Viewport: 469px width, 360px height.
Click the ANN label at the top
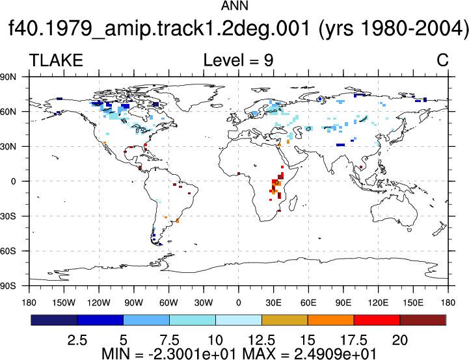pos(234,6)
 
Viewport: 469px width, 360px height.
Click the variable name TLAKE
pos(56,60)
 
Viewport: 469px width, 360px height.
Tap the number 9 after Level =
pos(268,60)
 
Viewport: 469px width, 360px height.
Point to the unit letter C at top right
pos(442,60)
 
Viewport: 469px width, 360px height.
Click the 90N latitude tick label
pos(8,77)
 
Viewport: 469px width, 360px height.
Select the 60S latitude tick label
pos(8,251)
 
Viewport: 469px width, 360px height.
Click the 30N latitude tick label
pos(8,146)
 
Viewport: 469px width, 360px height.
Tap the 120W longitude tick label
pos(99,303)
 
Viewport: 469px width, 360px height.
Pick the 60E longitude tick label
pos(308,303)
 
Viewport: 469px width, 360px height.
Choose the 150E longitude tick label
pos(413,303)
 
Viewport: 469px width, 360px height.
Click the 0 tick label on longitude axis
pos(238,303)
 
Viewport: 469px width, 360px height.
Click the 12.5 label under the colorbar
pos(261,341)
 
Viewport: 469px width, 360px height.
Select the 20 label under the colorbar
pos(400,341)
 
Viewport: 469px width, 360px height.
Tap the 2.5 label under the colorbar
pos(77,341)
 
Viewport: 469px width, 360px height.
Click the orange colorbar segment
pos(331,320)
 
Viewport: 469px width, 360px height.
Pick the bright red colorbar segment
pos(377,320)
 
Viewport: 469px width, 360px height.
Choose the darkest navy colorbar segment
pos(54,320)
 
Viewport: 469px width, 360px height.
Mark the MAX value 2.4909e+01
pos(335,354)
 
